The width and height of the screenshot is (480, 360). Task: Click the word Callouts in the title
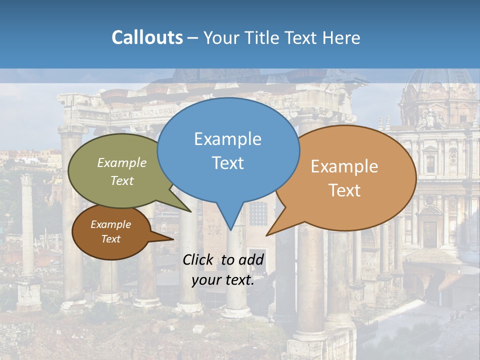coord(147,38)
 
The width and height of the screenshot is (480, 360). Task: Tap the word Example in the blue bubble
coord(227,139)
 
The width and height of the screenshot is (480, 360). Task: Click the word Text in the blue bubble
coord(227,163)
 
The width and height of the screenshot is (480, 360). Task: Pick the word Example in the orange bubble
coord(344,166)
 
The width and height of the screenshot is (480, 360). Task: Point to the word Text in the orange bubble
coord(344,190)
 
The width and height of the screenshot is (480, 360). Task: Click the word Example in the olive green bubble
coord(122,162)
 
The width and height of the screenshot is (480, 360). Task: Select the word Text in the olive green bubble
coord(122,180)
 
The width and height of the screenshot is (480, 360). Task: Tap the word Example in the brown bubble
coord(110,224)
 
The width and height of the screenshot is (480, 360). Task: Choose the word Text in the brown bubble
coord(110,239)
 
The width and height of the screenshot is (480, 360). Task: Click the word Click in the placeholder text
coord(199,259)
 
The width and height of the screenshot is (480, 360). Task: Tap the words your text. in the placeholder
coord(223,280)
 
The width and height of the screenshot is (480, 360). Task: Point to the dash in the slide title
coord(193,38)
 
